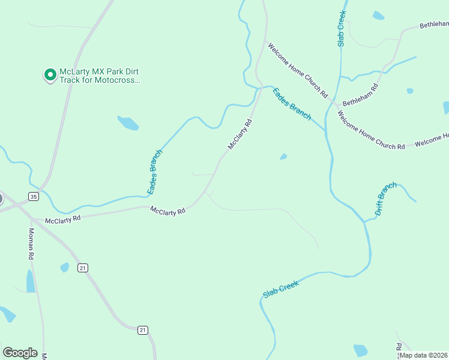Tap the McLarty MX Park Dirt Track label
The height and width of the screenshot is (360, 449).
99,76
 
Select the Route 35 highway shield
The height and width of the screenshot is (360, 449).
34,196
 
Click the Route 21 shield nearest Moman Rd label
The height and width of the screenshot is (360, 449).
83,268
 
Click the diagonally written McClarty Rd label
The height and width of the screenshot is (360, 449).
239,134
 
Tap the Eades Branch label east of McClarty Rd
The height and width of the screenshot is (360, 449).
292,103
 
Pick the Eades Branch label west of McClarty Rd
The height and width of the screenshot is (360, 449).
155,172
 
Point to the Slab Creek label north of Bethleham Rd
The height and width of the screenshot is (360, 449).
341,28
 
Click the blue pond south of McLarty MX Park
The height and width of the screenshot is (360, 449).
128,123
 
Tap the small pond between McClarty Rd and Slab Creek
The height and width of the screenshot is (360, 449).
283,157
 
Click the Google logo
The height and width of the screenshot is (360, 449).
20,353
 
